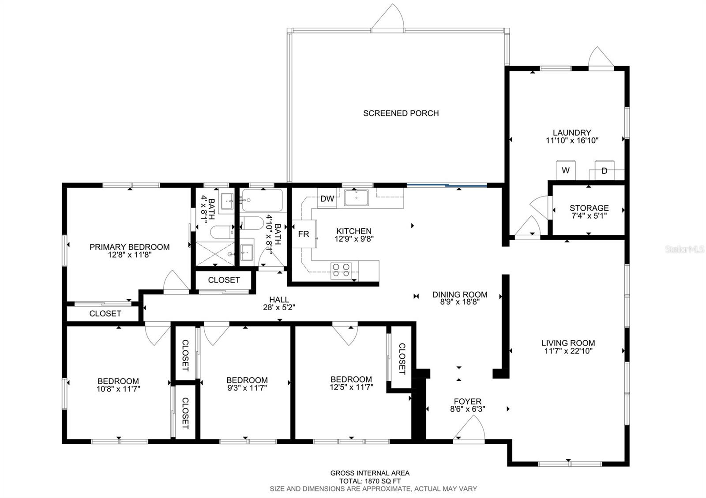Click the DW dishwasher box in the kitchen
(327, 198)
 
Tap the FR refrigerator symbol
(304, 234)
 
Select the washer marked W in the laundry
(565, 170)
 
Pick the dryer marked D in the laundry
(605, 170)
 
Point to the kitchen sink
(356, 198)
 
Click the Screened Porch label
(401, 113)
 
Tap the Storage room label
(589, 208)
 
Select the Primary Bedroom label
(130, 247)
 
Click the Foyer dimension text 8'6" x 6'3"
(468, 409)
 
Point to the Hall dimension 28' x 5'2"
(279, 307)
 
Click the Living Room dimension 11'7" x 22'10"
(568, 351)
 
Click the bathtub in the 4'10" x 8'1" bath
(263, 200)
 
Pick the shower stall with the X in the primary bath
(216, 254)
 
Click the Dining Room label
(460, 295)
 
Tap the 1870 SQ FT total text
(370, 481)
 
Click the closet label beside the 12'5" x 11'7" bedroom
(402, 359)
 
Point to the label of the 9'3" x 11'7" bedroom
(247, 380)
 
